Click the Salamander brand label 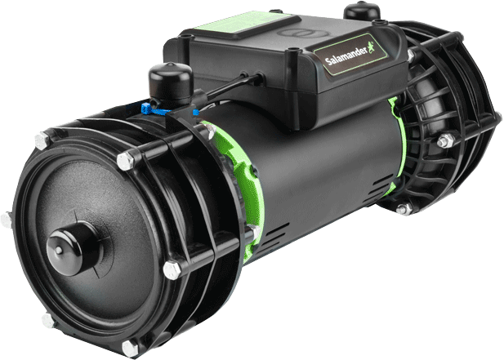coord(350,54)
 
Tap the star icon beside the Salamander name coord(371,47)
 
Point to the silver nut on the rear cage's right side coord(445,140)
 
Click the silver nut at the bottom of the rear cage coord(404,209)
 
